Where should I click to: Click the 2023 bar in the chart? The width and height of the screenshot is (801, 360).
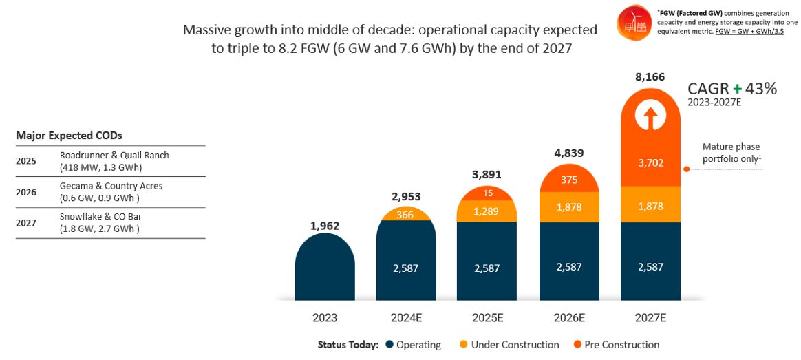[x=325, y=268]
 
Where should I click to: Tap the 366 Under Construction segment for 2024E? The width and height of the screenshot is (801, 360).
[x=406, y=215]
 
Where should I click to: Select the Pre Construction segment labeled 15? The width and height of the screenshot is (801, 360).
[x=487, y=194]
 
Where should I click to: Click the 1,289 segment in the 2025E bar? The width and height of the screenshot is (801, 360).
[x=487, y=213]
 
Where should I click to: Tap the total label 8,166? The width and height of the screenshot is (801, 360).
[x=650, y=77]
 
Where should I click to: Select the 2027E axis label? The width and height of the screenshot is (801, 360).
[x=650, y=319]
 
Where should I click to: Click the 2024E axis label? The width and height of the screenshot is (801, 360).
[x=406, y=319]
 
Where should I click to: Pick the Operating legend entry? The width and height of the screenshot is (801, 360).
[x=414, y=345]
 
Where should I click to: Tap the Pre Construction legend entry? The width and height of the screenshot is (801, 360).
[x=616, y=345]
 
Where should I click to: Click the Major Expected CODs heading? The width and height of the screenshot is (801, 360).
[x=69, y=136]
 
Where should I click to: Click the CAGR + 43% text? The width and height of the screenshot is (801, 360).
[x=732, y=89]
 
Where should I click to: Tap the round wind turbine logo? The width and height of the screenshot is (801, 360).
[x=631, y=23]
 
